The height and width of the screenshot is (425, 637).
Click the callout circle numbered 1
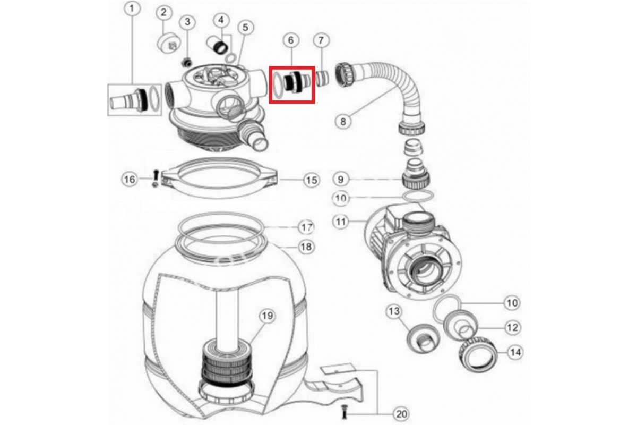tap(132, 9)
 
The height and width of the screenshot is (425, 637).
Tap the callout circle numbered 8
tap(343, 122)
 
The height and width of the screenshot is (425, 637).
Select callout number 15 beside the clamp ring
tap(312, 180)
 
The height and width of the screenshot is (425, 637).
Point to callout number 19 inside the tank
tap(268, 316)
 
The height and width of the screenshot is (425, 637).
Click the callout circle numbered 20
tap(401, 414)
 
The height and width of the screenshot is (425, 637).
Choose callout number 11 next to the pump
tap(341, 222)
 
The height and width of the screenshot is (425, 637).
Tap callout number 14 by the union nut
tap(515, 352)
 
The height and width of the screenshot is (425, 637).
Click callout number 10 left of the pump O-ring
tap(341, 198)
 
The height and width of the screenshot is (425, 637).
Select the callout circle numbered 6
tap(291, 40)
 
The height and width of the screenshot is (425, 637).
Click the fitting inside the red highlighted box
tap(298, 82)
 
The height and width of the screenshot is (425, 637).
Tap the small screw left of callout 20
tap(345, 411)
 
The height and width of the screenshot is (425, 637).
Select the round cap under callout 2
tap(169, 44)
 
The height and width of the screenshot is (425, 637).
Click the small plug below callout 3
tap(187, 62)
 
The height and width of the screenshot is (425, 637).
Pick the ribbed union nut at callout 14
tap(478, 354)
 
